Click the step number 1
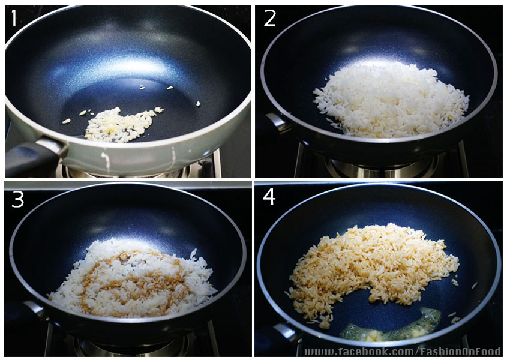pos(14,18)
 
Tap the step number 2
pos(269,18)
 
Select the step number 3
pos(17,199)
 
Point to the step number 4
pos(269,197)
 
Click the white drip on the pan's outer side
pos(106,161)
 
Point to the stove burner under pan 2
pos(382,167)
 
